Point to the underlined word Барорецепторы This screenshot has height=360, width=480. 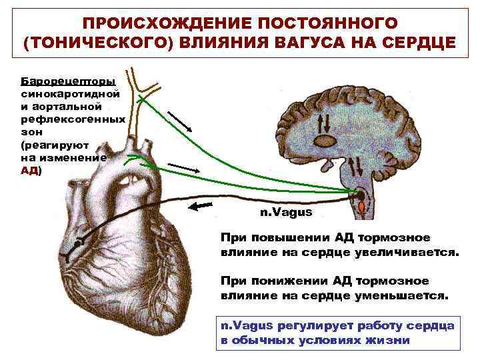pos(69,81)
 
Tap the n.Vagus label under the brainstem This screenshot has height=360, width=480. pos(285,212)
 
